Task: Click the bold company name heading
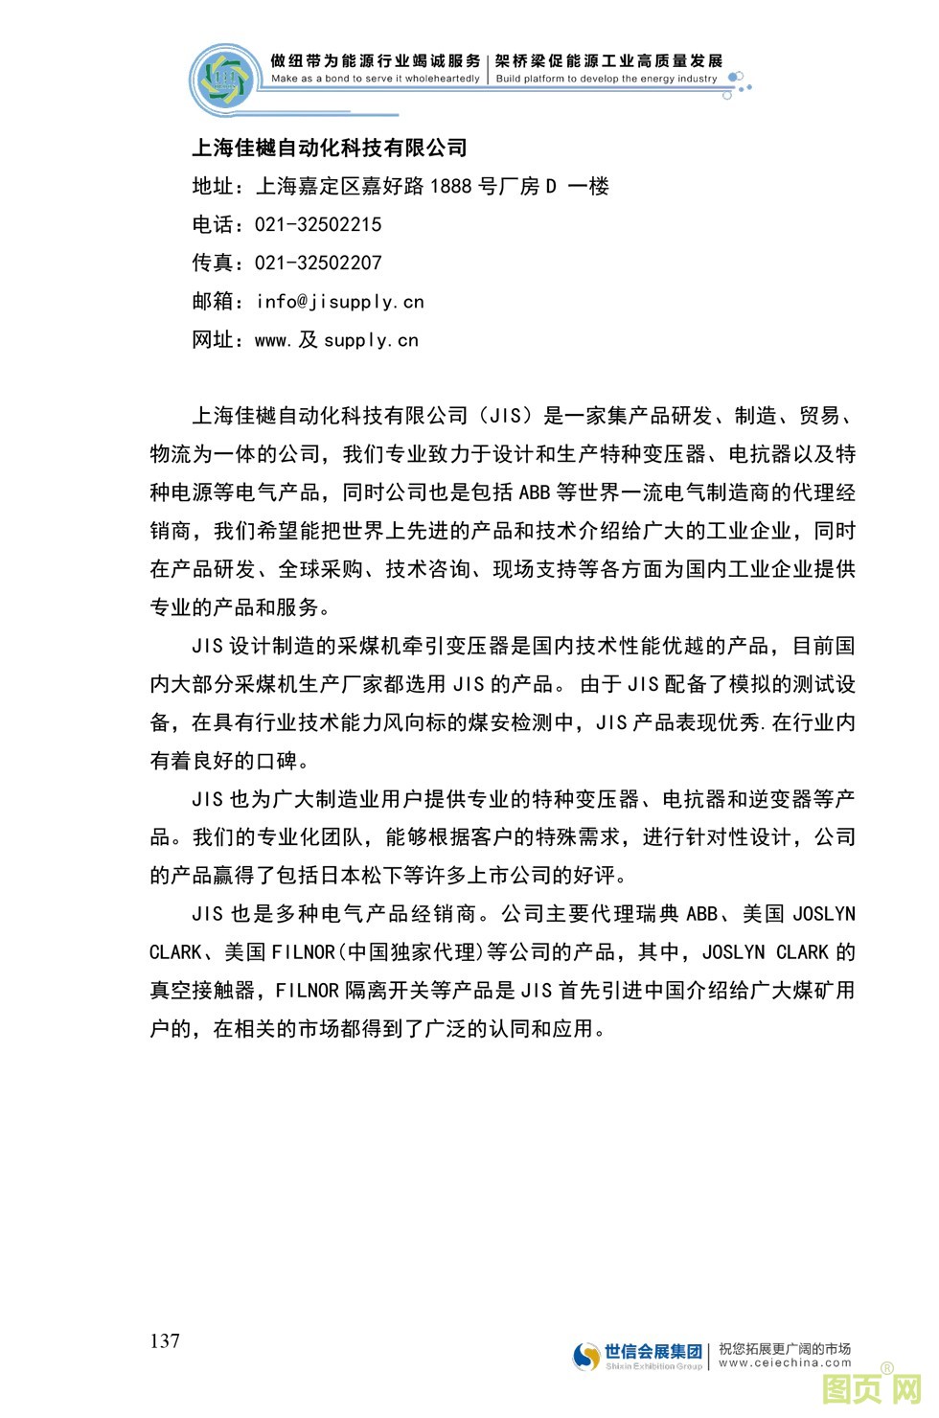[x=330, y=148]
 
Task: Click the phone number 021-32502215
[x=318, y=225]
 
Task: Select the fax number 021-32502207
[x=318, y=263]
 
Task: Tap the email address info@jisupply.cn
[x=340, y=302]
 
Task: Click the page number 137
[x=165, y=1340]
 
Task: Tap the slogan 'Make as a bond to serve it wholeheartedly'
[x=375, y=79]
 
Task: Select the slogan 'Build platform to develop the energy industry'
[x=607, y=79]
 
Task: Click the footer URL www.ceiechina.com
[x=785, y=1362]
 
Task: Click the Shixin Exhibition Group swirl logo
[x=586, y=1356]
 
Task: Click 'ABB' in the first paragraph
[x=534, y=492]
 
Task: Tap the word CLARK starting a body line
[x=175, y=952]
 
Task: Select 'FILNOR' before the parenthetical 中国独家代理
[x=304, y=952]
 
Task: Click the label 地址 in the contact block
[x=213, y=187]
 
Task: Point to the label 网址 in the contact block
[x=213, y=340]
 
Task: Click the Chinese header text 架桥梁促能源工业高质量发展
[x=608, y=61]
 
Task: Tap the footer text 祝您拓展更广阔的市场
[x=785, y=1348]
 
